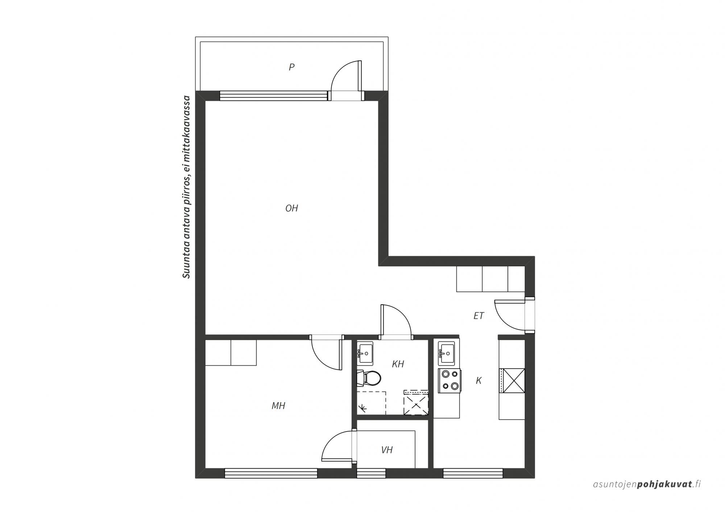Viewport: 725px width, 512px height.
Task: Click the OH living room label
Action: tap(291, 208)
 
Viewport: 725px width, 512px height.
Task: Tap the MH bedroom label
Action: tap(278, 406)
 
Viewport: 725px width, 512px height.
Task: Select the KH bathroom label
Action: tap(398, 364)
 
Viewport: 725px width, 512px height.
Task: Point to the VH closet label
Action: tap(387, 450)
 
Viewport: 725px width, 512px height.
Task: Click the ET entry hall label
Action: tap(478, 316)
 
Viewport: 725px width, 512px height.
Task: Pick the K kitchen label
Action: tap(478, 381)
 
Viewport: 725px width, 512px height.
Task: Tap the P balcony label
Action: tap(291, 67)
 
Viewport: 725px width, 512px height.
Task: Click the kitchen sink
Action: tap(446, 353)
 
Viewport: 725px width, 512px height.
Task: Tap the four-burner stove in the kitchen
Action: tap(449, 381)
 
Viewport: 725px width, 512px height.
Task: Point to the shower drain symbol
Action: tap(362, 409)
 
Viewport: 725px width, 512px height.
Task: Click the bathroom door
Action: tap(396, 321)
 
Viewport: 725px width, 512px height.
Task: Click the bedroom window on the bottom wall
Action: tap(271, 473)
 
